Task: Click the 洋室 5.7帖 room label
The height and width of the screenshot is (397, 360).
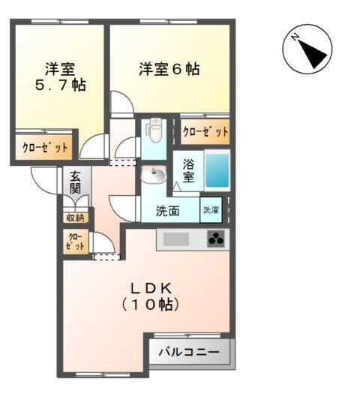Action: (x=58, y=77)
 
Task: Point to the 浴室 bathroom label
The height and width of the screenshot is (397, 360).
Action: (x=189, y=170)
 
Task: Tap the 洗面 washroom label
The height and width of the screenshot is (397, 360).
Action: (x=167, y=212)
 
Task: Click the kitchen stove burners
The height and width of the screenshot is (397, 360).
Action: (x=217, y=240)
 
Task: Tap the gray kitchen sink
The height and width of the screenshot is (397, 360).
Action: (x=177, y=240)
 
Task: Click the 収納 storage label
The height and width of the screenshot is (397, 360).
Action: (x=75, y=218)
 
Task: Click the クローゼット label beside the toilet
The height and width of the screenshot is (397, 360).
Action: (x=205, y=131)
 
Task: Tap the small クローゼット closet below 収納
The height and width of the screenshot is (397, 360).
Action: (x=75, y=242)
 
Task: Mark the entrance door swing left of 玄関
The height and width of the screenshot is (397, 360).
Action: (x=44, y=178)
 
